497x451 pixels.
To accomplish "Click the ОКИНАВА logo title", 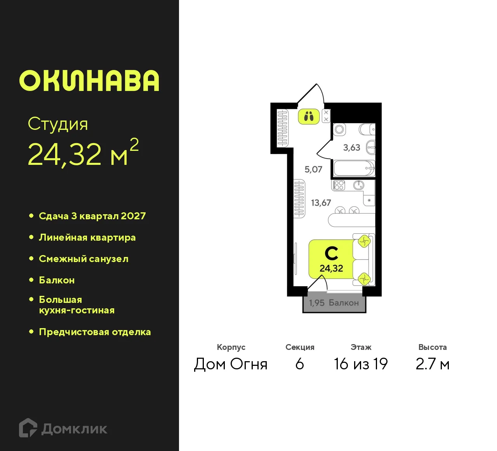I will [x=89, y=81].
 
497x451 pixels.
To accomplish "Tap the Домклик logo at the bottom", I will [x=63, y=428].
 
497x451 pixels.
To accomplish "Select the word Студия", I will [x=58, y=124].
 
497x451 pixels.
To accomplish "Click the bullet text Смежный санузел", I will [x=83, y=259].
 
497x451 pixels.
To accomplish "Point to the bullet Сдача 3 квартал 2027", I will [x=92, y=216].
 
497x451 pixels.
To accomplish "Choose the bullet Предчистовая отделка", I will [x=95, y=332].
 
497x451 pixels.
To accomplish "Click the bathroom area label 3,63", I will [x=351, y=148].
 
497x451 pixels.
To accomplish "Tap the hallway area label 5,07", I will [x=313, y=170].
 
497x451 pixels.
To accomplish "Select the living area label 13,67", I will [x=321, y=203].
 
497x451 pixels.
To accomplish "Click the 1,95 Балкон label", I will [x=334, y=303].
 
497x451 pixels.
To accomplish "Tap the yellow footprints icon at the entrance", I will [x=309, y=116].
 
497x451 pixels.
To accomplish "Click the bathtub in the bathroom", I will [x=354, y=169].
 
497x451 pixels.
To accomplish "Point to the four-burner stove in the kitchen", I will [x=339, y=185].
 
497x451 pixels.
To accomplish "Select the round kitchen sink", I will [x=358, y=185].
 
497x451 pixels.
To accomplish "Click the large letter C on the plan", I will [x=331, y=253].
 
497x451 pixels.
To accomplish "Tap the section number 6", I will [x=299, y=364].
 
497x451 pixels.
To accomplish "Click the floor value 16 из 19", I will [x=361, y=364].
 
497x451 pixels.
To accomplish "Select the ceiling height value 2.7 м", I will [x=432, y=364].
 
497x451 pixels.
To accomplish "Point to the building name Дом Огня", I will [x=231, y=364].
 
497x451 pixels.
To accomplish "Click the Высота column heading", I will [x=432, y=347].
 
